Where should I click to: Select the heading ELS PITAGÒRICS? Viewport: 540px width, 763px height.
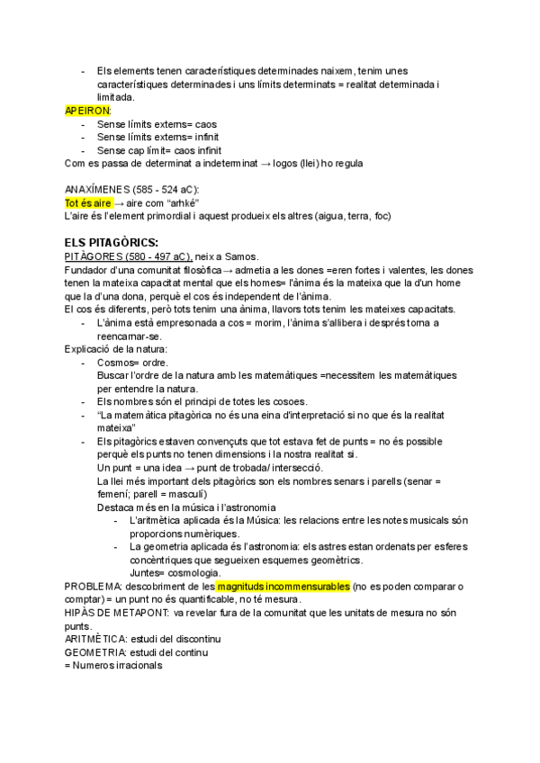coord(112,243)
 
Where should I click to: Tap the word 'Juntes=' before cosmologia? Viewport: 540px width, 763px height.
coord(148,573)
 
